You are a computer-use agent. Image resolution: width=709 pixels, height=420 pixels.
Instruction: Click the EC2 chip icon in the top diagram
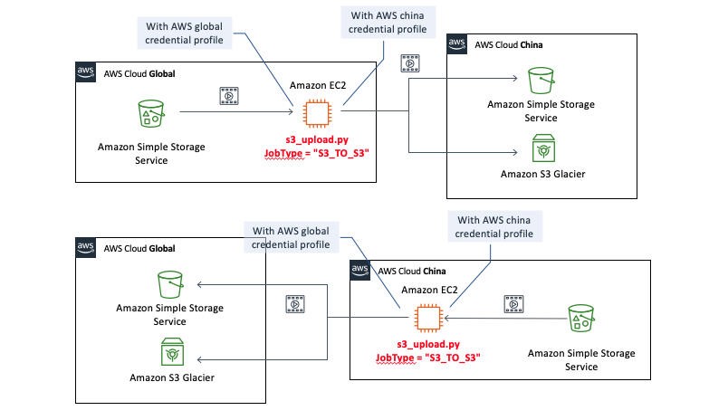tap(317, 113)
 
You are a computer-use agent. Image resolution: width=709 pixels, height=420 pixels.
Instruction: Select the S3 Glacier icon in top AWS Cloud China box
tap(542, 148)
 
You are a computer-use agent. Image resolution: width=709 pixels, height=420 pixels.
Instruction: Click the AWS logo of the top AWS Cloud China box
tap(457, 44)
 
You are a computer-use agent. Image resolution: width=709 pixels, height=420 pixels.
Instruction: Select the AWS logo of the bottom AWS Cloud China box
tap(359, 271)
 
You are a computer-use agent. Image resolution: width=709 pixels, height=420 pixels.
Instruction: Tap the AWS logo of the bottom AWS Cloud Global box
tap(86, 248)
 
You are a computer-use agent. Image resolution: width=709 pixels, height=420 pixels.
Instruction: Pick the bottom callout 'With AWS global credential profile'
tap(291, 236)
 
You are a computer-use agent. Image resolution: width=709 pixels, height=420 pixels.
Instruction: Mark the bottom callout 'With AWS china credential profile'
tap(494, 226)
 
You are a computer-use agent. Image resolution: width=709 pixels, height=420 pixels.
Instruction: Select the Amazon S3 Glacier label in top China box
tap(541, 171)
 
